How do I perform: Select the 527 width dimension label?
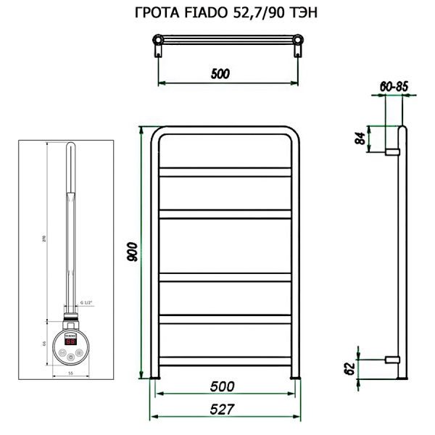[x=223, y=409]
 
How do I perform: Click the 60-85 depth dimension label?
[x=394, y=86]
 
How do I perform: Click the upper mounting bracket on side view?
[x=392, y=152]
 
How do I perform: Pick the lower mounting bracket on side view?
[x=392, y=359]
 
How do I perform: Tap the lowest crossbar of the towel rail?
[x=226, y=359]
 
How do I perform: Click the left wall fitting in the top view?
[x=158, y=51]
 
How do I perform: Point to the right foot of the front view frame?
[x=296, y=377]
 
